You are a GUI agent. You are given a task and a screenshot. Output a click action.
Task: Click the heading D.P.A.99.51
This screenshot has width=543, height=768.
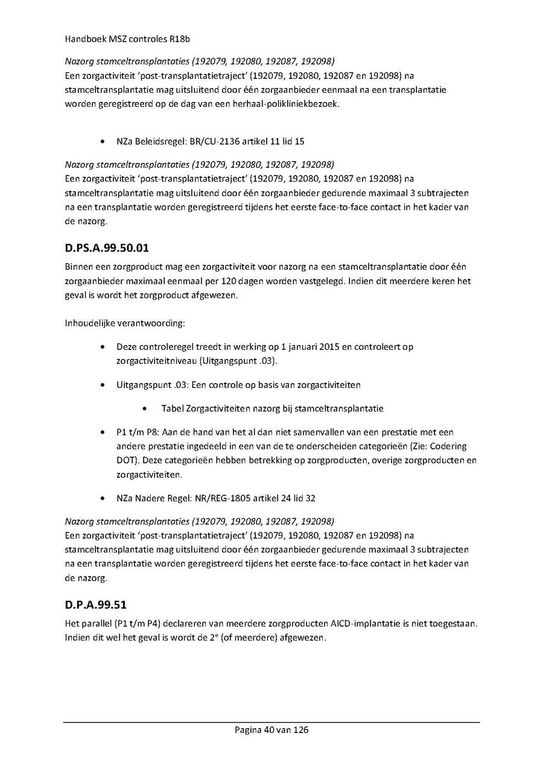[95, 605]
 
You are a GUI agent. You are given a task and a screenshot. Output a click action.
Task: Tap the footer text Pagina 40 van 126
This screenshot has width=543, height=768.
[271, 730]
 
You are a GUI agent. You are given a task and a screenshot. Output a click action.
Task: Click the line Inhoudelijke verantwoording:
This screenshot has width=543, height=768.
[124, 323]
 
